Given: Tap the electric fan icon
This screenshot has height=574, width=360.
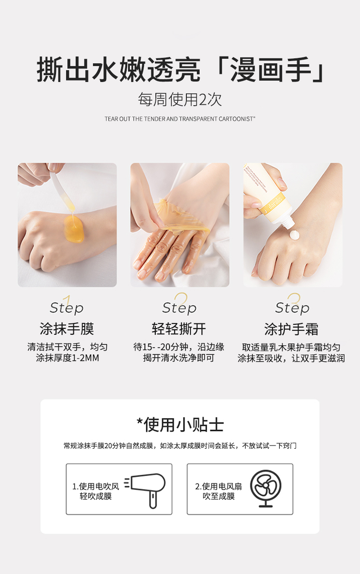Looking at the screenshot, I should click(265, 488).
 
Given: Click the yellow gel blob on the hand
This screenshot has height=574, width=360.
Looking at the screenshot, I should click(74, 227).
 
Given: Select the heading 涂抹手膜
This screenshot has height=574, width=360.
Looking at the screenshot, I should click(67, 328).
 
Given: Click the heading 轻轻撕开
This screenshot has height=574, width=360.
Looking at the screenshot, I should click(179, 328).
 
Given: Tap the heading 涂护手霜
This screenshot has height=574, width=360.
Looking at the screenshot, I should click(292, 328).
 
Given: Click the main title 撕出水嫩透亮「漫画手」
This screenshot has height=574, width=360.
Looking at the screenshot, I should click(180, 71).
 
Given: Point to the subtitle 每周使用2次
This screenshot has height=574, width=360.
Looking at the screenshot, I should click(180, 100).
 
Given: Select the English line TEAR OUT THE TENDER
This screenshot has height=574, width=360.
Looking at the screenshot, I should click(180, 119).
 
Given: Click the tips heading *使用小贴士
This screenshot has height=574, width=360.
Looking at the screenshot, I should click(180, 425).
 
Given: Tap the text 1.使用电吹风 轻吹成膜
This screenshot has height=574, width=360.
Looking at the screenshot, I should click(96, 491).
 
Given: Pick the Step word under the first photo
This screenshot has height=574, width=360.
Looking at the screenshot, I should click(67, 308).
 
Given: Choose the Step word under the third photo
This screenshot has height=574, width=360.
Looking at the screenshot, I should click(292, 308).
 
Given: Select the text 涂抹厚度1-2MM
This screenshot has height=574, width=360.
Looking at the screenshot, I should click(67, 358).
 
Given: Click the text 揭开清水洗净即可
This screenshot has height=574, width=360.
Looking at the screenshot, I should click(179, 358).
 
